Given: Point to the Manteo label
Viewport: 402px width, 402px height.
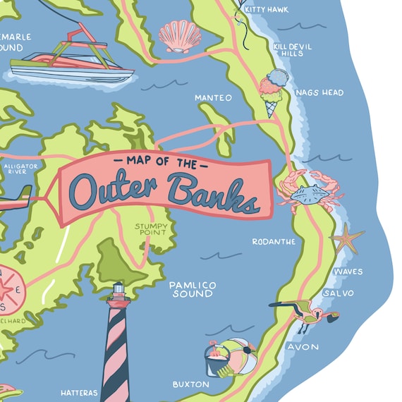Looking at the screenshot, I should click(213, 97).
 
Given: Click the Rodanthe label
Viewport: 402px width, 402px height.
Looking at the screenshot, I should click(274, 241).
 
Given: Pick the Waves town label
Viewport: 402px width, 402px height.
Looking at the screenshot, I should click(348, 272).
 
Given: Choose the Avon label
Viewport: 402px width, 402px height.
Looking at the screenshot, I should click(303, 347).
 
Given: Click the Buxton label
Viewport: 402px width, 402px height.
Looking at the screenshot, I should click(190, 384).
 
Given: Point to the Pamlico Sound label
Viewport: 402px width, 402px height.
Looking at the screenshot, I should click(192, 288).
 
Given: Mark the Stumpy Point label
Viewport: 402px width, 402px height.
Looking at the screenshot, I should click(151, 229).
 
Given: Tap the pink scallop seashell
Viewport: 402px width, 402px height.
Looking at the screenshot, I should click(179, 35).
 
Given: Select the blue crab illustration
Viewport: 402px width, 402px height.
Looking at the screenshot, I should click(310, 192).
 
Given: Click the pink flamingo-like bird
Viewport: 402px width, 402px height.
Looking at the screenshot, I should click(305, 316).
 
